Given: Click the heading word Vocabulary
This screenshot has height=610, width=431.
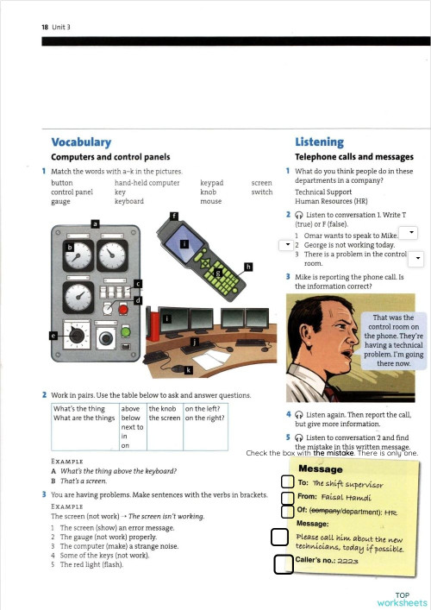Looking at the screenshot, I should click(81, 142).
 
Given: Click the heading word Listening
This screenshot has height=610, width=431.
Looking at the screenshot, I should click(319, 142).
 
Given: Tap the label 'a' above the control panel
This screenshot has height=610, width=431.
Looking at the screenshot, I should click(95, 223).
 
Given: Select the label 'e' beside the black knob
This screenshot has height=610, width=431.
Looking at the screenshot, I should click(54, 335).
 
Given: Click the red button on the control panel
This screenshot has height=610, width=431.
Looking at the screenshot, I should click(122, 306).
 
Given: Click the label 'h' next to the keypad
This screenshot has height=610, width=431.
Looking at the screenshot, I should click(249, 267).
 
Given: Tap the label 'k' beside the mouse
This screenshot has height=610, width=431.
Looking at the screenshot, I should click(189, 370).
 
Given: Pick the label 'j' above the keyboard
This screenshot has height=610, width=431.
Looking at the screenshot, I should click(195, 343).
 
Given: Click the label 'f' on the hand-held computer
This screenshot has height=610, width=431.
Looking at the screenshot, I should click(173, 215).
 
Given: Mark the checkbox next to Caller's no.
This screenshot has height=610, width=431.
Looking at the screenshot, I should click(281, 565).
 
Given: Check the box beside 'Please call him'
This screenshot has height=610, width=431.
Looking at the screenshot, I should click(279, 538).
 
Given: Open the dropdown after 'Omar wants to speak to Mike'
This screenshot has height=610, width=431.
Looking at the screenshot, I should click(411, 233).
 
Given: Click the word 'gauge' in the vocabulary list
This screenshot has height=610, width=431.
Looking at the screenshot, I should click(61, 201).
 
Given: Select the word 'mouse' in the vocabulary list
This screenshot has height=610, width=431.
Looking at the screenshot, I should click(210, 201).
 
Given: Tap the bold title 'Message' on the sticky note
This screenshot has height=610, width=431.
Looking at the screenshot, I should click(320, 469).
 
